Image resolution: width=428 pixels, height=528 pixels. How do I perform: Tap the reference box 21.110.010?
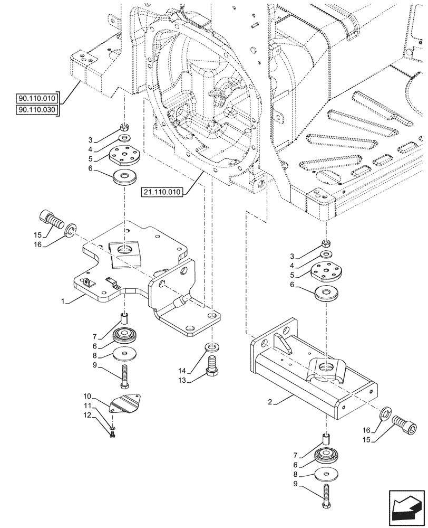[162, 193]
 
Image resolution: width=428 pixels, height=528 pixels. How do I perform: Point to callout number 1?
[63, 301]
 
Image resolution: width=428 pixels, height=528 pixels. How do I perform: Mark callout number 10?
[87, 396]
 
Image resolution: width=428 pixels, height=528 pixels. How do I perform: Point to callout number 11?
[87, 405]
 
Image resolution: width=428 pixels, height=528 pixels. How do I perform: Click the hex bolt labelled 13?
[212, 366]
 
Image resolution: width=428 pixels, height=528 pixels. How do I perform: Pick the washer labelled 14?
[211, 347]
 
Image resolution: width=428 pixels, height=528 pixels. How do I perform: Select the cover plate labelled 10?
[127, 404]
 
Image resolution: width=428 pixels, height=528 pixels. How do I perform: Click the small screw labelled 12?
[112, 435]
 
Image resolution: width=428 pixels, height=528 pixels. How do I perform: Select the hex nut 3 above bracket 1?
[124, 127]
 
